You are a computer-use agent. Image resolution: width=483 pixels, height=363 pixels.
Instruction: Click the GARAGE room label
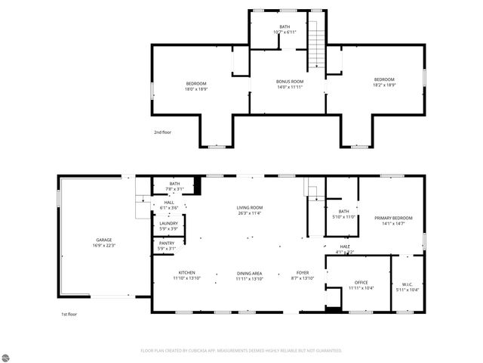103,240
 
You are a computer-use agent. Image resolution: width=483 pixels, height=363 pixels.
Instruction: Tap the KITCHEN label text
187,273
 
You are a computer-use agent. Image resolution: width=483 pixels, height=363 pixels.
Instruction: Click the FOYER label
302,273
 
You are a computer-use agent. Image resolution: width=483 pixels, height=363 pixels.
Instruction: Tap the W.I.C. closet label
407,283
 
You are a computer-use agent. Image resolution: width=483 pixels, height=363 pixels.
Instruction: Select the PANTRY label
167,243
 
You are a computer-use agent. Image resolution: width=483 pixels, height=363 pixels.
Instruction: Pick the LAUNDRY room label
168,223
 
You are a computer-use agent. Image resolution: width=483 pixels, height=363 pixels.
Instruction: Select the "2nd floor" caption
162,132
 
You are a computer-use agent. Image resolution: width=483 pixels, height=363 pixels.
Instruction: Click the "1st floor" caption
69,314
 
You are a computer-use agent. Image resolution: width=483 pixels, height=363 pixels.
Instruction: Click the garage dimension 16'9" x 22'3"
103,245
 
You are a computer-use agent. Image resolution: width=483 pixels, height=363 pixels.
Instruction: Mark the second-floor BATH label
285,26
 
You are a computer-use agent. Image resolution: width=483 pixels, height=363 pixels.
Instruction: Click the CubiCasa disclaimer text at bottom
241,350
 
